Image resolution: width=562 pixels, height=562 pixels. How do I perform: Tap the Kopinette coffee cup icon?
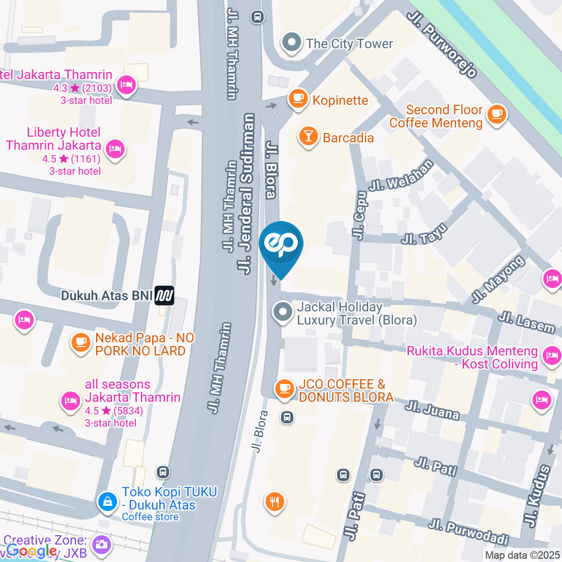pyautogui.click(x=298, y=99)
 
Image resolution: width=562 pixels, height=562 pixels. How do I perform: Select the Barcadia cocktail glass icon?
pyautogui.click(x=307, y=136)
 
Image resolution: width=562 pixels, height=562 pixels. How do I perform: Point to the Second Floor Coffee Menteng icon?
pyautogui.click(x=497, y=115)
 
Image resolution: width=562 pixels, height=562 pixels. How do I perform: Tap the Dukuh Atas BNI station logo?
pyautogui.click(x=165, y=296)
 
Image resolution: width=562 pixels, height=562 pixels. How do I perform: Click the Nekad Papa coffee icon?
pyautogui.click(x=80, y=343)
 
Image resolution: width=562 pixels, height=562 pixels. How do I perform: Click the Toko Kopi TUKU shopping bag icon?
pyautogui.click(x=107, y=501)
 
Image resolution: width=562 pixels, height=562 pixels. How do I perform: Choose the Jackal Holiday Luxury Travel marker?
pyautogui.click(x=283, y=312)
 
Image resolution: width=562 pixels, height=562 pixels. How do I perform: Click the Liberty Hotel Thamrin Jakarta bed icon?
pyautogui.click(x=116, y=146)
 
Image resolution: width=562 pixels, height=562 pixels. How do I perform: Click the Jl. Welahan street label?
pyautogui.click(x=401, y=175)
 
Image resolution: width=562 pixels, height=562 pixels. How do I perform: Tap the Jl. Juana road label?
pyautogui.click(x=434, y=410)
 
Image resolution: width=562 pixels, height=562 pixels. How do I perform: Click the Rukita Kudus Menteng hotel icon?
pyautogui.click(x=551, y=354)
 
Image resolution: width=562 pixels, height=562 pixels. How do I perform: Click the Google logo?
pyautogui.click(x=32, y=551)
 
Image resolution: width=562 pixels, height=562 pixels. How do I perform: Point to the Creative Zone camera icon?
pyautogui.click(x=101, y=544)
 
